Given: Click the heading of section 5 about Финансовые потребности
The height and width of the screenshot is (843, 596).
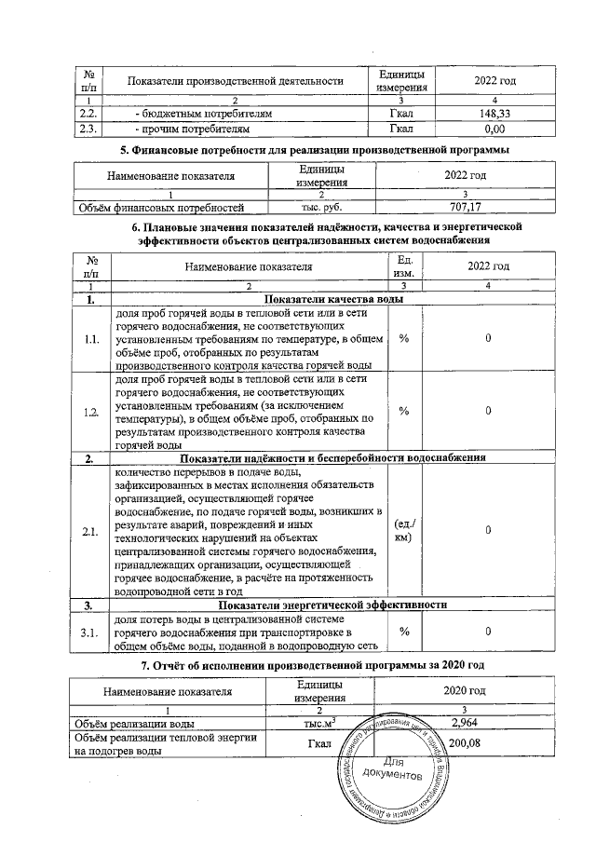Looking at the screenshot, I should coord(316,150).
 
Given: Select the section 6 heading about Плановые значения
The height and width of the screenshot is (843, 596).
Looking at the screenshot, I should coord(316,233).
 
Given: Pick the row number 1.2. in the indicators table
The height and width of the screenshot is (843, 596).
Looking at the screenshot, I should coord(90,412).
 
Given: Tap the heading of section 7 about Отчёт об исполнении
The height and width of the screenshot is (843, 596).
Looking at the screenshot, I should coord(316,663).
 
